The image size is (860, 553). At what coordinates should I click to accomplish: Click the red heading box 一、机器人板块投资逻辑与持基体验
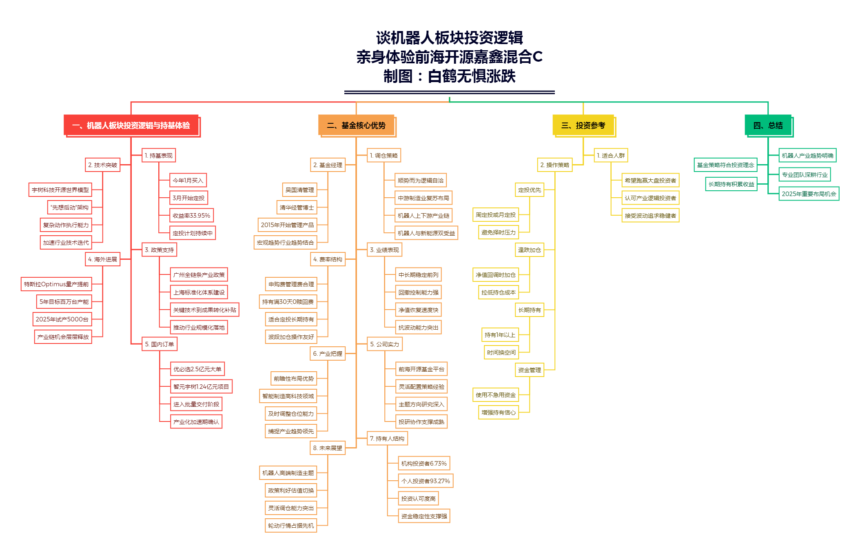tap(131, 125)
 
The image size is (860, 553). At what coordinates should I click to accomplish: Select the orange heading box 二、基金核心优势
tap(356, 125)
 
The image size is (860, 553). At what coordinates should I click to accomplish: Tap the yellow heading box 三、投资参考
tap(583, 125)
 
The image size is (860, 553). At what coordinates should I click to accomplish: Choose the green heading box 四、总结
tap(768, 125)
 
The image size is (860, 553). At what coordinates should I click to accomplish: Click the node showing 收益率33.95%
tap(191, 215)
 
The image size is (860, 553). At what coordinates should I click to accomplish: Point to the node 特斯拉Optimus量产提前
tap(56, 284)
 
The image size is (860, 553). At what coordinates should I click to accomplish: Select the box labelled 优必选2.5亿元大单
tap(197, 369)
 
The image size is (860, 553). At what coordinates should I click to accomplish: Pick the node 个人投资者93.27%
tap(426, 481)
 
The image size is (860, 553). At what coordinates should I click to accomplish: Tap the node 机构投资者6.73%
tap(424, 463)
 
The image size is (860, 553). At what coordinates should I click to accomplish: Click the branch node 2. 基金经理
tap(328, 165)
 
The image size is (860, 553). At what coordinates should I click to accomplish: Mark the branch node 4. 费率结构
tap(328, 259)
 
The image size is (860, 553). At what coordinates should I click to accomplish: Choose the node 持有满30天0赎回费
tap(288, 301)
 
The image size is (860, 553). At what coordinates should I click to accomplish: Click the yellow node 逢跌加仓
tap(530, 250)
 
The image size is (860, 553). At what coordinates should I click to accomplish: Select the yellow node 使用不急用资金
tap(496, 395)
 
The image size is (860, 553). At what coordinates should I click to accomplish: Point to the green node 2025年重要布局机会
tap(809, 194)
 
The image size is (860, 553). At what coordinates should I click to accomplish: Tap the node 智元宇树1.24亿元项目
tap(201, 386)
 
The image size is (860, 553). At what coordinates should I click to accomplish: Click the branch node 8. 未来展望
tap(328, 448)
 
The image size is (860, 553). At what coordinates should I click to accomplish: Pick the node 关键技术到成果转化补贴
tap(204, 310)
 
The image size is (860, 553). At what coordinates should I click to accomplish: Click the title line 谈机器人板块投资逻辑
tap(450, 38)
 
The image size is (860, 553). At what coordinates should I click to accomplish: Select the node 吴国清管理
tap(299, 190)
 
